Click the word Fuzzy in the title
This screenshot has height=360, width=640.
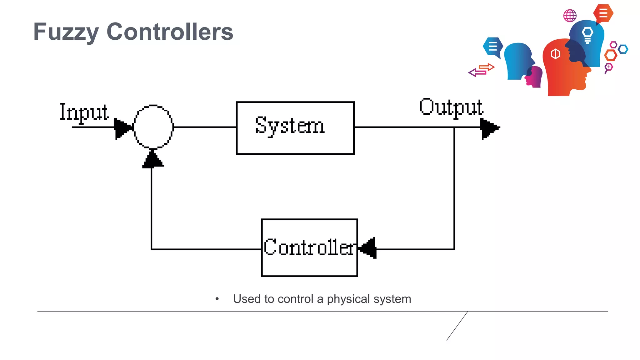[x=66, y=32]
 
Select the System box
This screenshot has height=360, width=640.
[x=295, y=128]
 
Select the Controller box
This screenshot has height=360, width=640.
[x=309, y=247]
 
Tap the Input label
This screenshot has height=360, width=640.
[x=84, y=112]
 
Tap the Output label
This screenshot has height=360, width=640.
[x=451, y=107]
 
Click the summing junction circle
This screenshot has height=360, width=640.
[x=153, y=127]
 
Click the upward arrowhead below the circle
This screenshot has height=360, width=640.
[x=153, y=159]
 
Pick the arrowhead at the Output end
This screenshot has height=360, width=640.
[x=490, y=128]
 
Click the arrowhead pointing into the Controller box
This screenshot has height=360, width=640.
[x=368, y=248]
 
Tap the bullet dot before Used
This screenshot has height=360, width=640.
[x=217, y=299]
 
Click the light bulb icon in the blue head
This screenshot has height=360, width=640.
[x=587, y=34]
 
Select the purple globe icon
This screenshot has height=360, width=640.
[x=570, y=16]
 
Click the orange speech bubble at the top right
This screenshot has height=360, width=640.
[x=603, y=13]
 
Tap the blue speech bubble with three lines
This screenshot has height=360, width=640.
[x=493, y=47]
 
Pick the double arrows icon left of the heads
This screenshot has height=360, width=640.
[x=482, y=70]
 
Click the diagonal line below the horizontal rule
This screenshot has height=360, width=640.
[x=457, y=326]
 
